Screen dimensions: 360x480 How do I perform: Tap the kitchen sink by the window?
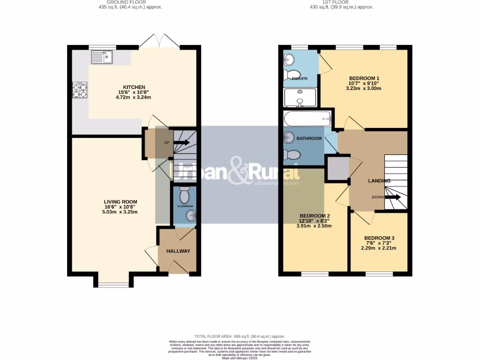(x=102, y=57)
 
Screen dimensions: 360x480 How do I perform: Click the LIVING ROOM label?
(x=121, y=202)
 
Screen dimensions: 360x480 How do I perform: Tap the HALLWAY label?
(x=178, y=251)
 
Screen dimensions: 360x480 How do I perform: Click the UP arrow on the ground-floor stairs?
(x=180, y=142)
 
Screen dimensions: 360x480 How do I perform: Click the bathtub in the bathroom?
(x=307, y=119)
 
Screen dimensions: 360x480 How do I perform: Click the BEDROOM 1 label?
(x=364, y=78)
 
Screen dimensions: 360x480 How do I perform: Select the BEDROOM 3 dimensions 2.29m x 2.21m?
(x=379, y=248)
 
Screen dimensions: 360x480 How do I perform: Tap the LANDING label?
(x=379, y=180)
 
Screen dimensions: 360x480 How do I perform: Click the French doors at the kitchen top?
(x=159, y=42)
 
